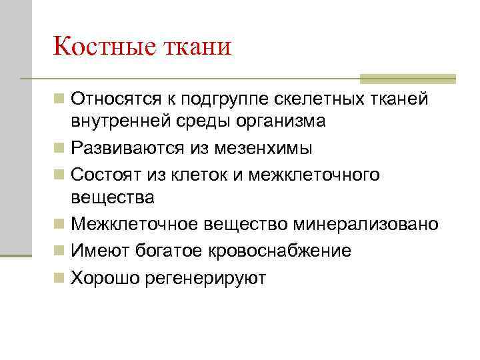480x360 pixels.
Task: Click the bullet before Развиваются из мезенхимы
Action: point(60,147)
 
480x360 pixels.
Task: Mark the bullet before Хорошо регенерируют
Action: point(60,277)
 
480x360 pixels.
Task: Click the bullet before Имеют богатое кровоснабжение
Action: point(60,251)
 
